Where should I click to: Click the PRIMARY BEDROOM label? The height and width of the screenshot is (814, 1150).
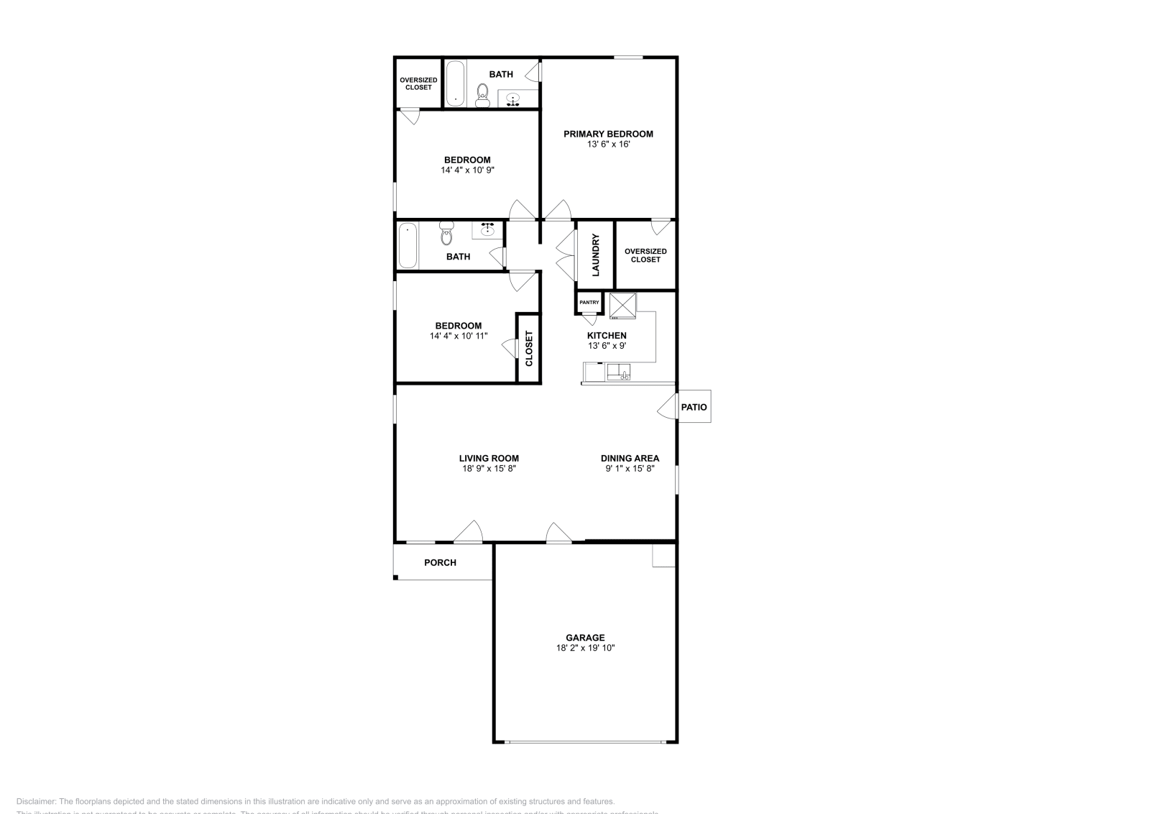pyautogui.click(x=608, y=134)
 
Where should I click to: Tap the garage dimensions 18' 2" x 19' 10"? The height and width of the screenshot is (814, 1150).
pyautogui.click(x=585, y=648)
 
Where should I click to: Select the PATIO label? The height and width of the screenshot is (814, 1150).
pyautogui.click(x=694, y=407)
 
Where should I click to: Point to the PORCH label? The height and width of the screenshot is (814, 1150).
pyautogui.click(x=440, y=562)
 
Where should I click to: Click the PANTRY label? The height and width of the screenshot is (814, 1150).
pyautogui.click(x=589, y=303)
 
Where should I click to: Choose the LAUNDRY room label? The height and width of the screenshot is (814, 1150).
pyautogui.click(x=595, y=255)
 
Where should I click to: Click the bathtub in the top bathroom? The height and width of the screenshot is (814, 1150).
pyautogui.click(x=454, y=83)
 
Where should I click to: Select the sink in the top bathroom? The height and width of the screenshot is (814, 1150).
pyautogui.click(x=513, y=99)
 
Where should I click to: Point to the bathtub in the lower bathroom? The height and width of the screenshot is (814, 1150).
pyautogui.click(x=408, y=244)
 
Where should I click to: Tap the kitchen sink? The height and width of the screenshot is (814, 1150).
pyautogui.click(x=619, y=372)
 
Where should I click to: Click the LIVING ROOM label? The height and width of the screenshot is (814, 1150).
pyautogui.click(x=489, y=458)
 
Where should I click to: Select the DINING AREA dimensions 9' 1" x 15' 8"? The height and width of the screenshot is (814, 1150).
pyautogui.click(x=630, y=469)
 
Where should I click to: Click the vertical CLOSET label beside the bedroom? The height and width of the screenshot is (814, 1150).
pyautogui.click(x=529, y=348)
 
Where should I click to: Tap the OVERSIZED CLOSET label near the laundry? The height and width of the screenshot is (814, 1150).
pyautogui.click(x=645, y=255)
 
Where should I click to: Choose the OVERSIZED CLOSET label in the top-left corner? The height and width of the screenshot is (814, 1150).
pyautogui.click(x=418, y=83)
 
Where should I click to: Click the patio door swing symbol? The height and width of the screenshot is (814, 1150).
pyautogui.click(x=667, y=407)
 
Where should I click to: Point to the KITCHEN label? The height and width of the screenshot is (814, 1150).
pyautogui.click(x=607, y=336)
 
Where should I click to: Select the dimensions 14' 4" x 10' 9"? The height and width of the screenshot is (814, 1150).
pyautogui.click(x=467, y=170)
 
